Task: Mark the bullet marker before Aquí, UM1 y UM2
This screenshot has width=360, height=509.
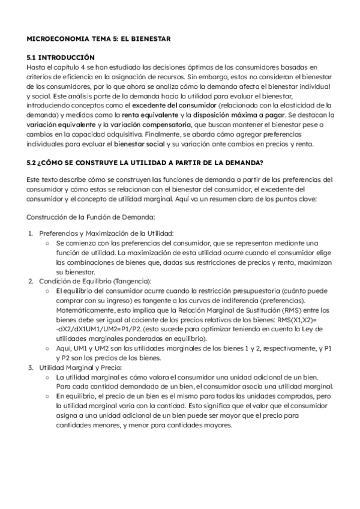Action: [47, 348]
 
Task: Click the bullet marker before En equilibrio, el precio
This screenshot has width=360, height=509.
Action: [47, 396]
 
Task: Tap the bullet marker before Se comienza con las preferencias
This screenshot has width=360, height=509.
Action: [47, 242]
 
